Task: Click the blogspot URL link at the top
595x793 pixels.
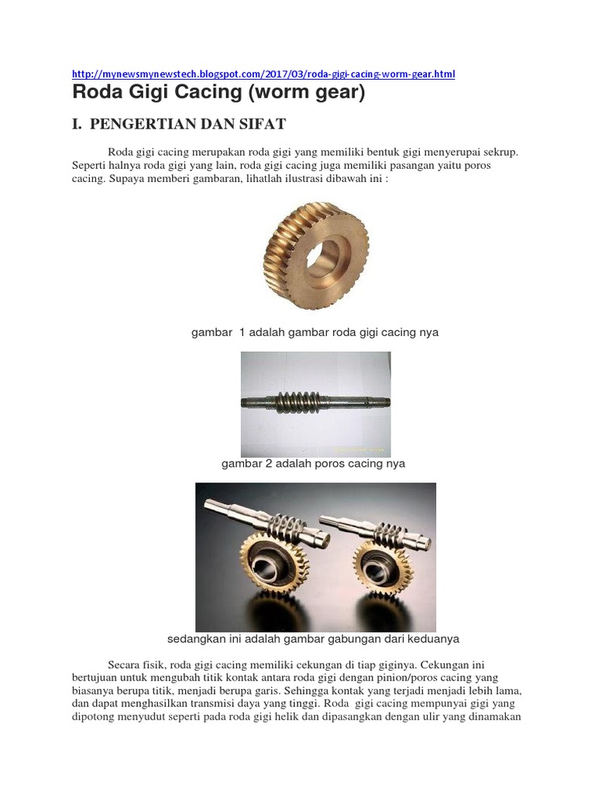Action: tap(263, 74)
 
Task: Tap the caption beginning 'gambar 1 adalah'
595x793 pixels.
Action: tap(315, 332)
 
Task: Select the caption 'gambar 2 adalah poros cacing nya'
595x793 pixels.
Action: tap(313, 464)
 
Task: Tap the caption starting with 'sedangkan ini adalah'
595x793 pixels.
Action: tap(314, 639)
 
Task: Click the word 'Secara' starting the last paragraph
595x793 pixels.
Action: tap(124, 664)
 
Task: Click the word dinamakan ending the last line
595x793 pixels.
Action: tap(493, 717)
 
